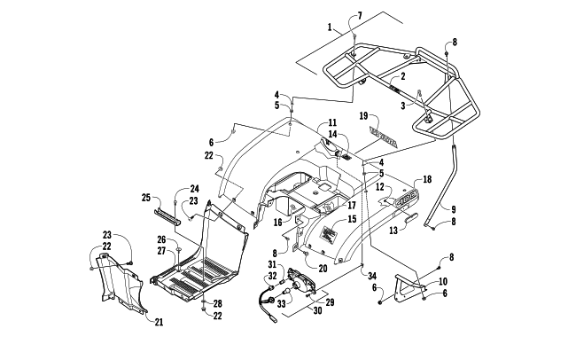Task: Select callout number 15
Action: [351, 218]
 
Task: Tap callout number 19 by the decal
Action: [363, 115]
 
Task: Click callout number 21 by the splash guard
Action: [160, 322]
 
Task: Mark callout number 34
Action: [373, 276]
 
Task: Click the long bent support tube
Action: [448, 186]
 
